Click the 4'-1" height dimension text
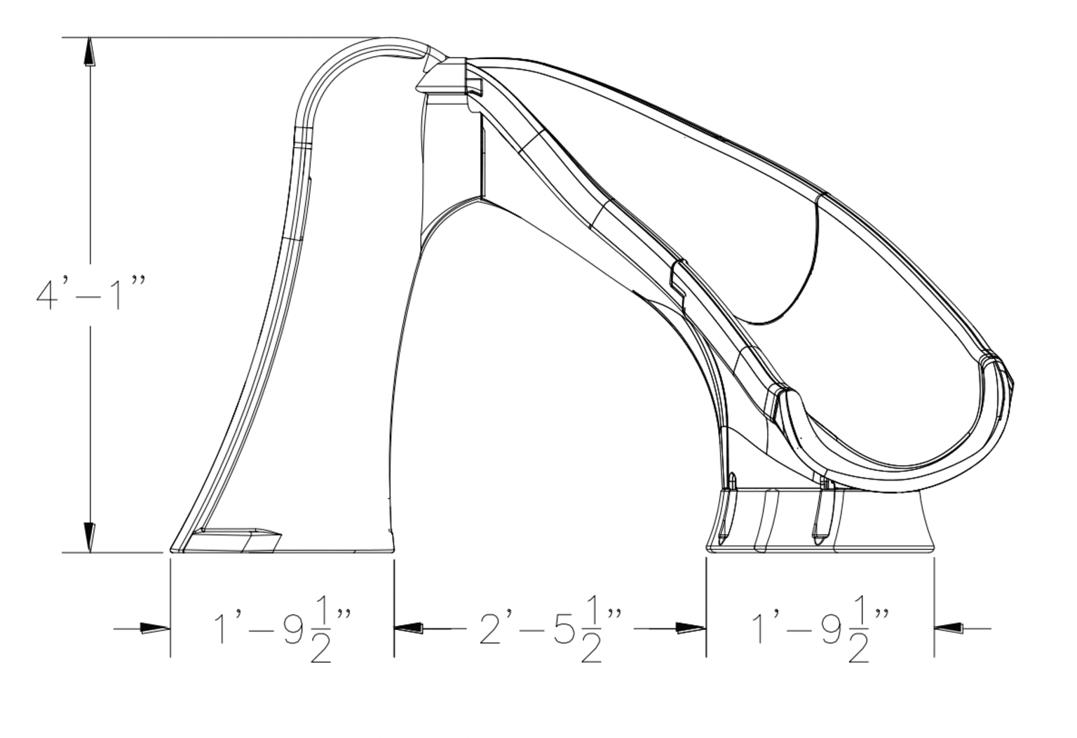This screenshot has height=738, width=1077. click(x=90, y=293)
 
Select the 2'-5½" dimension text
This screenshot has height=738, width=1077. click(x=550, y=634)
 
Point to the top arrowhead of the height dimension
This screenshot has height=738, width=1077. click(x=90, y=52)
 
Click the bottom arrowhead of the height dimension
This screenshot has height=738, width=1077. click(x=90, y=538)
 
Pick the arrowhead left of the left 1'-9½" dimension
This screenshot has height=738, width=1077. click(x=155, y=628)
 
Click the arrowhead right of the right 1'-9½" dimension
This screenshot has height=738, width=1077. click(x=948, y=628)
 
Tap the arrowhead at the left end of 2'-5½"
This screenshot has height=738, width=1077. click(x=409, y=628)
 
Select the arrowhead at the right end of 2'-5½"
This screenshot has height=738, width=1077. click(x=691, y=628)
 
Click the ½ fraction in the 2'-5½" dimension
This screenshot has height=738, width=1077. click(x=591, y=635)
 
